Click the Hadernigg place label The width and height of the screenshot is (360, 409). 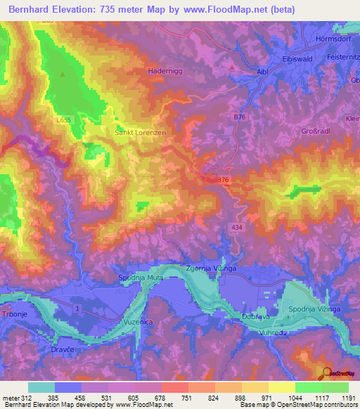[165, 71]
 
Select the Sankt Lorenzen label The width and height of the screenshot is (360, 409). [140, 131]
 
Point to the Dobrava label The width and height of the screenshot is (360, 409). [257, 317]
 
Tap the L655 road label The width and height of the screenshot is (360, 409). [64, 120]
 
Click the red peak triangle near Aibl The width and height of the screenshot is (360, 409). [232, 67]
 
